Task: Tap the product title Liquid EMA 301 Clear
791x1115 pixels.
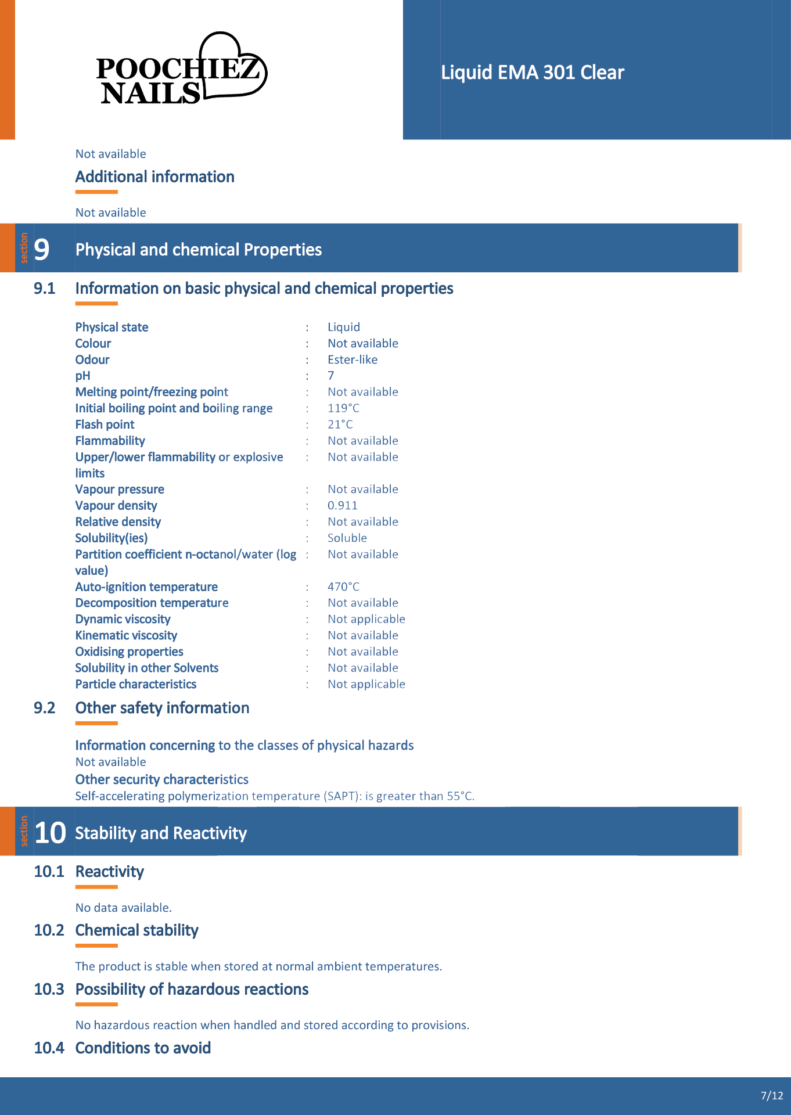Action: (532, 73)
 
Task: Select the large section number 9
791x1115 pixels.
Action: (42, 250)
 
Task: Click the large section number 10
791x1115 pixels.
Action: (50, 833)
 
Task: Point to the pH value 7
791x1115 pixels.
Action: (331, 376)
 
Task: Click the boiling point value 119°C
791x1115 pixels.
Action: (343, 408)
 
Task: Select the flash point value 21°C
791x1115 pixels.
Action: (340, 425)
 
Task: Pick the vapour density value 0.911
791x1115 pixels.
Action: (342, 506)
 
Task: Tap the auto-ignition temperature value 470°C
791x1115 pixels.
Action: (343, 587)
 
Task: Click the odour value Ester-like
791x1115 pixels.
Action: (353, 359)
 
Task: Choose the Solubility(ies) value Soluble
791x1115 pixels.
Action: (347, 538)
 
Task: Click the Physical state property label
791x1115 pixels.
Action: (112, 327)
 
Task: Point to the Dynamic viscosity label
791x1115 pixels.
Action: (123, 619)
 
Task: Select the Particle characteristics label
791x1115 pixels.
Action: (135, 684)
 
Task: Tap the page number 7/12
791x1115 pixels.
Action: (772, 1096)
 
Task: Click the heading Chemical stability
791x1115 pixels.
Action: (137, 930)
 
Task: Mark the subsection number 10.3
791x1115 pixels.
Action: (49, 989)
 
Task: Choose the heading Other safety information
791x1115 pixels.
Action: (162, 708)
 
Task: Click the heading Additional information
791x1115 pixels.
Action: (155, 177)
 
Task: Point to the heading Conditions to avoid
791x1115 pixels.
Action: (143, 1048)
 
